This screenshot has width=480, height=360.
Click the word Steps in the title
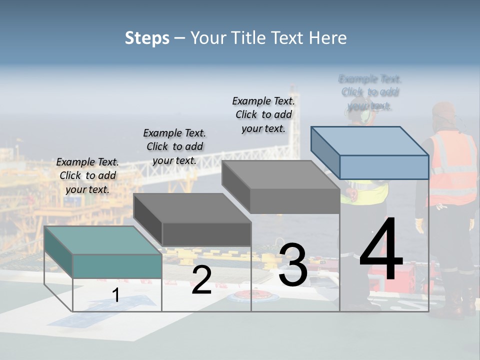(147, 38)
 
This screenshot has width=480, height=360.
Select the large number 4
(381, 250)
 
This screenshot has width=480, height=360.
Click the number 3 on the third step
(292, 265)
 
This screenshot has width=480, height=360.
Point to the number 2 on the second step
(201, 280)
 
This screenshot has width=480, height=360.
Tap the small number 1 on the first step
(116, 295)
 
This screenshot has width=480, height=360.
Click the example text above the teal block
(87, 175)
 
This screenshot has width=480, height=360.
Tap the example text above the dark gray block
(174, 146)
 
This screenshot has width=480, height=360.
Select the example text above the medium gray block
(263, 114)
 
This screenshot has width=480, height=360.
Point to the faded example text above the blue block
(370, 92)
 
